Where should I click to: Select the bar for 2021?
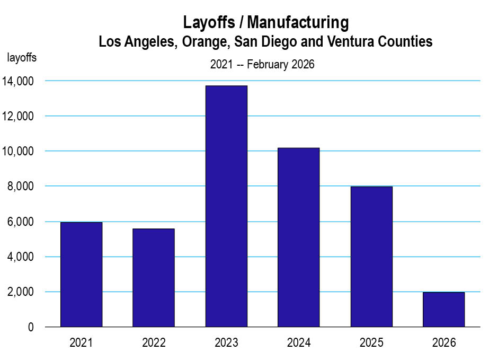81,274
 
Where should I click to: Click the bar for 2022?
154,277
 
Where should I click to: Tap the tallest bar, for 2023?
226,206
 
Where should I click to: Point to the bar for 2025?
371,257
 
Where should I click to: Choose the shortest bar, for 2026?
443,309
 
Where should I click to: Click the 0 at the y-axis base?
31,327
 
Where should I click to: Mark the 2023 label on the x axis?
226,343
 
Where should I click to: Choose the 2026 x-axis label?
443,343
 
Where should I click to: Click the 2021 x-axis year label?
81,343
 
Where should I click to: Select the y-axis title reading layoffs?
22,58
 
